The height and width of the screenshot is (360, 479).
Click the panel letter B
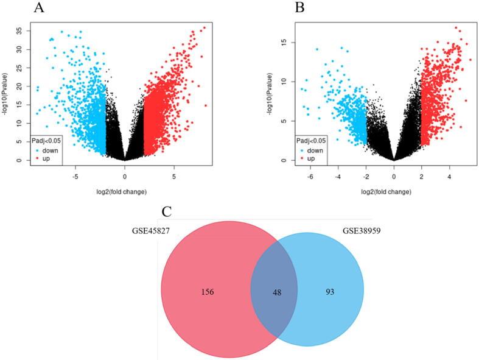(x=299, y=8)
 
